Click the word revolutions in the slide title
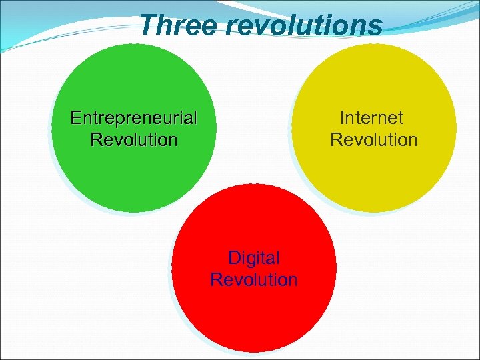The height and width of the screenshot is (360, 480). (x=303, y=25)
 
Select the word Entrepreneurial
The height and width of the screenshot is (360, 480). (x=134, y=119)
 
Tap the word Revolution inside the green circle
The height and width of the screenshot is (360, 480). (x=134, y=140)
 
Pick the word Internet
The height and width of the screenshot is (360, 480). (x=371, y=118)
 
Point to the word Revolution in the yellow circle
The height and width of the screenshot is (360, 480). (x=373, y=140)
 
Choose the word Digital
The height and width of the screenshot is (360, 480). (x=254, y=258)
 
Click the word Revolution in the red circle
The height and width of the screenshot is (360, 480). (x=254, y=279)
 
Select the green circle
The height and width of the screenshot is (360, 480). (x=133, y=173)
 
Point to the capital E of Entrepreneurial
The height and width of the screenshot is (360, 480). (x=76, y=119)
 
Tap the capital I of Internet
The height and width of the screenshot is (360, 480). (x=342, y=118)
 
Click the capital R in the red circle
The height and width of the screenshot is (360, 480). (x=216, y=279)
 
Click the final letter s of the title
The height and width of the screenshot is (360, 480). (x=377, y=27)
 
